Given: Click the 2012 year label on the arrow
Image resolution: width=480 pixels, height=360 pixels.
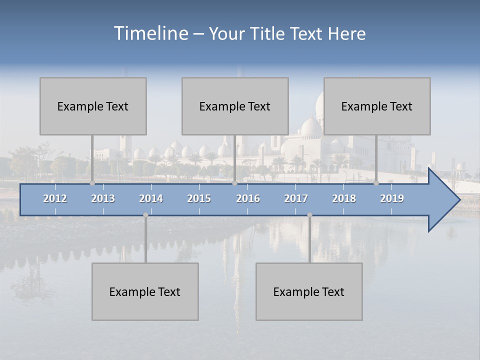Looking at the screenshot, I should (55, 198).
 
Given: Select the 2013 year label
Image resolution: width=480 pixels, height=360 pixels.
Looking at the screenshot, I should (103, 198).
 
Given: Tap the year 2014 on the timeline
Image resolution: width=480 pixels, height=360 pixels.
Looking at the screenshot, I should (151, 198).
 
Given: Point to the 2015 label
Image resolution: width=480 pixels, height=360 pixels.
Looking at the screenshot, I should (199, 198).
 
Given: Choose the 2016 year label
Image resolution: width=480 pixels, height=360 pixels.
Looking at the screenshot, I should (248, 198).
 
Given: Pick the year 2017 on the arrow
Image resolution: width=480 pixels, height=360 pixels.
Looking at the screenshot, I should (296, 198).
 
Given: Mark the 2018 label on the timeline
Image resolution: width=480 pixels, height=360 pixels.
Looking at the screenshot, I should (344, 198).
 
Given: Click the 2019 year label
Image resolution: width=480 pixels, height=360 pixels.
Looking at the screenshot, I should (392, 198).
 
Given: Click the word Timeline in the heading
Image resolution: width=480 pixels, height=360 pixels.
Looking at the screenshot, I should (150, 33).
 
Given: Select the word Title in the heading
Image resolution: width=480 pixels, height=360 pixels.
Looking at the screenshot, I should (268, 34).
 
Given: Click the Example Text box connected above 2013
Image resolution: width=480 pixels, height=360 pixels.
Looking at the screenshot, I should (93, 106).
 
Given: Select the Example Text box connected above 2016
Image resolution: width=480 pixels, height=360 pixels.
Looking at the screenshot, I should (235, 106).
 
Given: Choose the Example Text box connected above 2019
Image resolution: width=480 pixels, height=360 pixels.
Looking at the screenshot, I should (377, 106).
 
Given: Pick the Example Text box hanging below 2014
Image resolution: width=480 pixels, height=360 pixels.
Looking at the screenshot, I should (145, 291).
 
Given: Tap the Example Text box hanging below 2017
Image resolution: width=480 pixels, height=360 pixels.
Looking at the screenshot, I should (309, 291).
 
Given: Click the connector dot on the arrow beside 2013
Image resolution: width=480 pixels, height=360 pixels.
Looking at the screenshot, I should (92, 183).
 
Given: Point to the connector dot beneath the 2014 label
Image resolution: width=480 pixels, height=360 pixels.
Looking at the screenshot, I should (145, 215).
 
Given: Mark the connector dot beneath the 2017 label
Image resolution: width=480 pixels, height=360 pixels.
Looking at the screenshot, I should (309, 215).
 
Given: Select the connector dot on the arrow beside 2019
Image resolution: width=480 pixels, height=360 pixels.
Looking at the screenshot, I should (376, 183).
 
